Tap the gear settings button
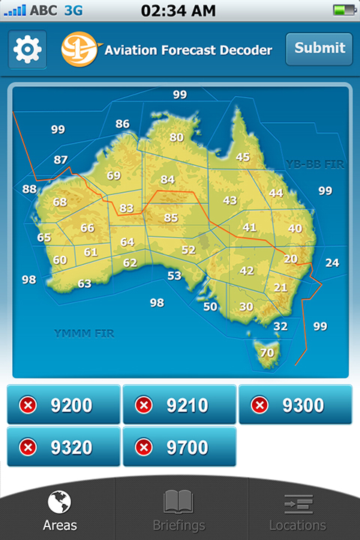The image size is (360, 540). tap(28, 49)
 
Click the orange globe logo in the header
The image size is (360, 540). tap(80, 49)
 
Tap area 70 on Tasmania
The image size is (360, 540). tap(267, 352)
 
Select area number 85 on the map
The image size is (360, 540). tap(171, 218)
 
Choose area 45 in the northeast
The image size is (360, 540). tap(243, 157)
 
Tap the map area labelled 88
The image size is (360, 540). tap(29, 189)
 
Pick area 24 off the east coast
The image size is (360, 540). tap(331, 262)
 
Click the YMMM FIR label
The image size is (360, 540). tap(84, 333)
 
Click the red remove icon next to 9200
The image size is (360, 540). tap(28, 406)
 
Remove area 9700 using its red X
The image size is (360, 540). tap(144, 448)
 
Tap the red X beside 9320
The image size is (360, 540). tap(28, 448)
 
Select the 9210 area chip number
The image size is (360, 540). tap(187, 406)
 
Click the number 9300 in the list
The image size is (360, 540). tap(303, 406)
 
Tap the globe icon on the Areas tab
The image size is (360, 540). tap(59, 502)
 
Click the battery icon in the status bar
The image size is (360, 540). tap(344, 10)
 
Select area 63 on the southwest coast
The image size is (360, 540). tap(85, 283)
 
